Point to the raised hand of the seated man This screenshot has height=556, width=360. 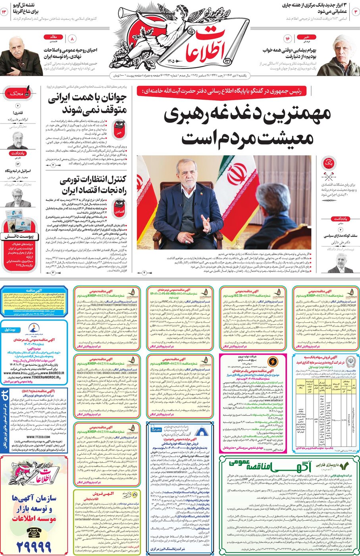click(206, 224)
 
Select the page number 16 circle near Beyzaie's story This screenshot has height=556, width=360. click(288, 39)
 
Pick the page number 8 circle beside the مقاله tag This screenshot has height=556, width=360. click(72, 39)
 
